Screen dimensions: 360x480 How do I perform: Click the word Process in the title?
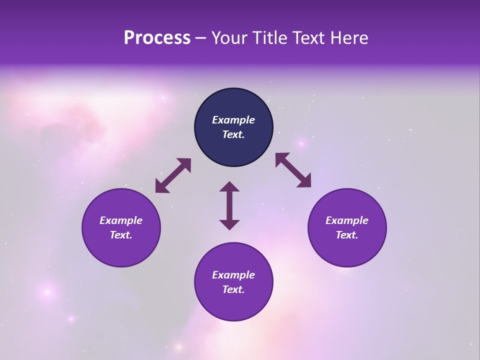coord(157,38)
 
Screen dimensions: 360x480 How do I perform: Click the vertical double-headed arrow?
coord(229,205)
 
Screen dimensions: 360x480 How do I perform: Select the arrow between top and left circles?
coord(173,175)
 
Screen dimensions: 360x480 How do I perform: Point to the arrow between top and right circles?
coord(293,170)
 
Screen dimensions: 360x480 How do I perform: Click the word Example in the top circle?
coord(233,120)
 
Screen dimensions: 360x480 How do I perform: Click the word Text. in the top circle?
coord(233,134)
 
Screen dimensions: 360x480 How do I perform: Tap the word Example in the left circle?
coord(121,220)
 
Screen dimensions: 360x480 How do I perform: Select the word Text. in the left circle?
coord(121,235)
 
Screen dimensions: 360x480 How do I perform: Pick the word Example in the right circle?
coord(347,220)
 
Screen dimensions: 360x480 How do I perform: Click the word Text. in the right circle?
coord(347,235)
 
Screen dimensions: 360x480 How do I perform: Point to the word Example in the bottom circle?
coord(233,275)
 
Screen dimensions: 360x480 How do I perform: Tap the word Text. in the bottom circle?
coord(233,289)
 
